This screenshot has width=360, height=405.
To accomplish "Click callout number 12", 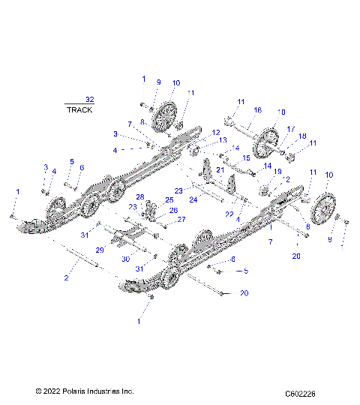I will [216, 132].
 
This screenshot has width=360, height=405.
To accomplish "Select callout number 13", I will [223, 141].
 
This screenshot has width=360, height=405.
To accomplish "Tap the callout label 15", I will [247, 158].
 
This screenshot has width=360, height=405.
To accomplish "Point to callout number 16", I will [257, 110].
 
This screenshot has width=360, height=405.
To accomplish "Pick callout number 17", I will [291, 128].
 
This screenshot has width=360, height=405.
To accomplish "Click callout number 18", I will [302, 136].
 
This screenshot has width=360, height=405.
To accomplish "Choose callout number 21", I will [220, 170].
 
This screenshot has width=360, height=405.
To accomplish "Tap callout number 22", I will [229, 214].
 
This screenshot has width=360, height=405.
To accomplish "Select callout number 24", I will [193, 199].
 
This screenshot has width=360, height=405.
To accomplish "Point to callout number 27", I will [181, 220].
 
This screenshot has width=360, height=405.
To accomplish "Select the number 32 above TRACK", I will [90, 99].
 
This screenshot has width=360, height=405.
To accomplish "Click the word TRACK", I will [79, 109].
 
